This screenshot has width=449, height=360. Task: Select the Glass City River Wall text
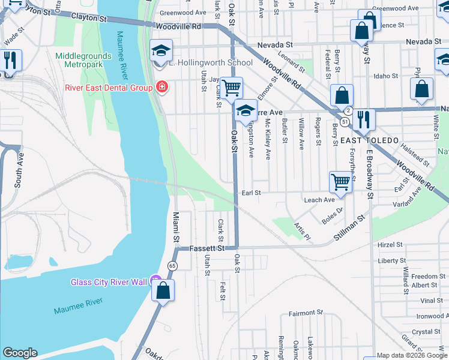tap(108, 282)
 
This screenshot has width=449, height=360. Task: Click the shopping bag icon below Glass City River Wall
tap(163, 291)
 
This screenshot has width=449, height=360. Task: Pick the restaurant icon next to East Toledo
tap(363, 118)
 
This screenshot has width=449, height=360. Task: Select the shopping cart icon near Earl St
tap(340, 182)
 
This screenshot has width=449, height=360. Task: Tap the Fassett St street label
tap(207, 248)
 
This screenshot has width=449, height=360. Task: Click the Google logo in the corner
tap(20, 353)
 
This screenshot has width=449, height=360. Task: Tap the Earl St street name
tap(251, 193)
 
